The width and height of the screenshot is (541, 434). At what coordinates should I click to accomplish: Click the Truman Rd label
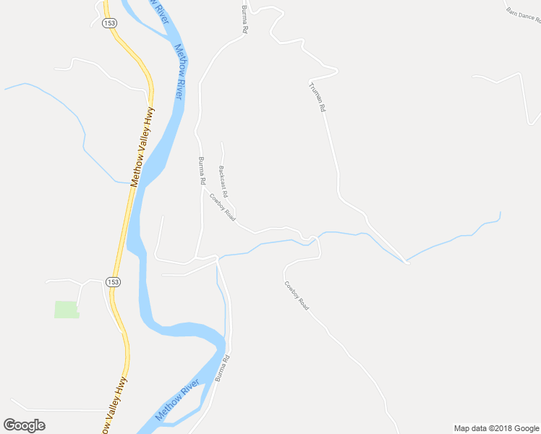pyautogui.click(x=318, y=97)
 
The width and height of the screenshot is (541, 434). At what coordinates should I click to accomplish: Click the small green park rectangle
pyautogui.click(x=66, y=309)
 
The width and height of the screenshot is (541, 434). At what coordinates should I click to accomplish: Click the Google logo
pyautogui.click(x=24, y=425)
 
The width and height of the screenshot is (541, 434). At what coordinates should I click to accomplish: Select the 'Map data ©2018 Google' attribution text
pyautogui.click(x=496, y=428)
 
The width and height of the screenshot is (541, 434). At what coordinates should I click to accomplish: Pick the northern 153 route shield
pyautogui.click(x=109, y=23)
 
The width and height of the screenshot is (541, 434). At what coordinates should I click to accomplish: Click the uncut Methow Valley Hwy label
pyautogui.click(x=142, y=148)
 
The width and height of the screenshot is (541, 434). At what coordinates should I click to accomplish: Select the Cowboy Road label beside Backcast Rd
pyautogui.click(x=223, y=207)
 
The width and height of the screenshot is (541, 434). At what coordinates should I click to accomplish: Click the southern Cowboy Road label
pyautogui.click(x=297, y=296)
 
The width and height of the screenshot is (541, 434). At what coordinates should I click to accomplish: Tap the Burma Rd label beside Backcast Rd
pyautogui.click(x=202, y=171)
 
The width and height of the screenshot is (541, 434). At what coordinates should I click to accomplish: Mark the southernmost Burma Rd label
pyautogui.click(x=221, y=368)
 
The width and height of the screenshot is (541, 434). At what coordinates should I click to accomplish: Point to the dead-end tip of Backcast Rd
pyautogui.click(x=221, y=142)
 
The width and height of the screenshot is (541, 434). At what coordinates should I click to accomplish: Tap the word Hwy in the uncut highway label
pyautogui.click(x=150, y=117)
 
